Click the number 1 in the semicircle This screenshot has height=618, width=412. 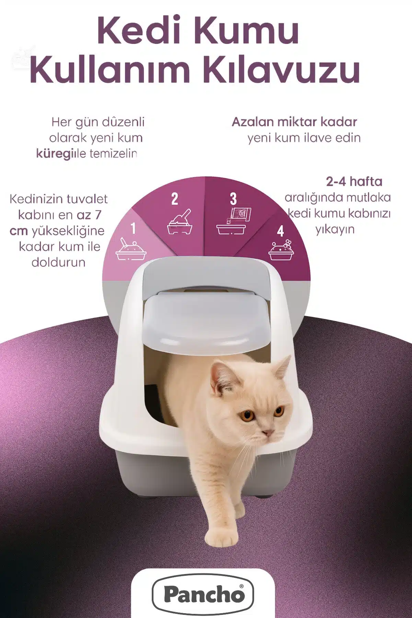click(133, 228)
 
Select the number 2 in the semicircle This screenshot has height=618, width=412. click(175, 199)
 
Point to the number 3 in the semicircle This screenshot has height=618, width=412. click(233, 199)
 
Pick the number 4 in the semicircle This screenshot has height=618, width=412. click(281, 231)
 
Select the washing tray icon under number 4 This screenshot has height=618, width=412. click(281, 250)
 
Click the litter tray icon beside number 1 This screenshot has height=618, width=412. click(131, 249)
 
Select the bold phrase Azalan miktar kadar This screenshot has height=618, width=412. click(295, 122)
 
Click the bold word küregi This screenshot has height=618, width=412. click(55, 153)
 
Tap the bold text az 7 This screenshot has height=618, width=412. click(89, 215)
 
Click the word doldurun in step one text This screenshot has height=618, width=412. click(58, 262)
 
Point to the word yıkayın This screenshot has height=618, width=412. click(335, 229)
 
